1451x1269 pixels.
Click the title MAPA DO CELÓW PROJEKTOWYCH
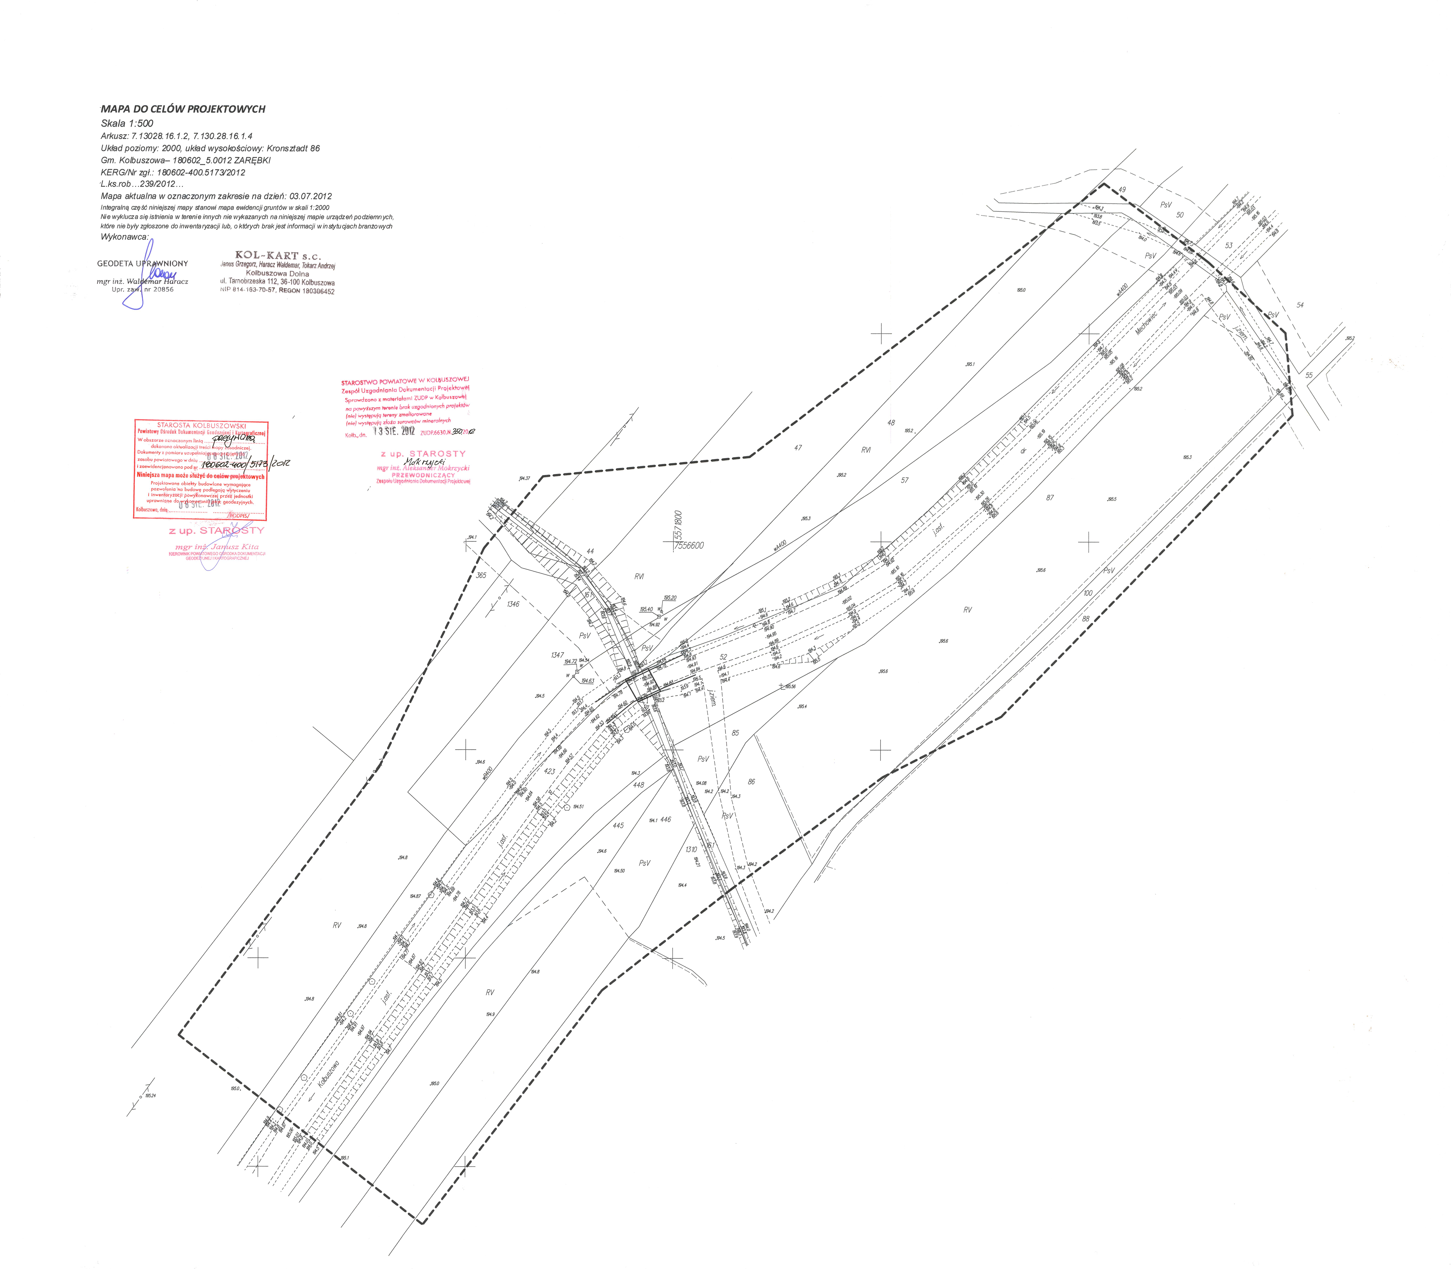pos(183,109)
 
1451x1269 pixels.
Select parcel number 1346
pos(513,604)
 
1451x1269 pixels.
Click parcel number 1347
pos(557,655)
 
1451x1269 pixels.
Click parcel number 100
pos(1088,593)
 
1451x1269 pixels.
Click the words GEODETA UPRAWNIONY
pos(142,263)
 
